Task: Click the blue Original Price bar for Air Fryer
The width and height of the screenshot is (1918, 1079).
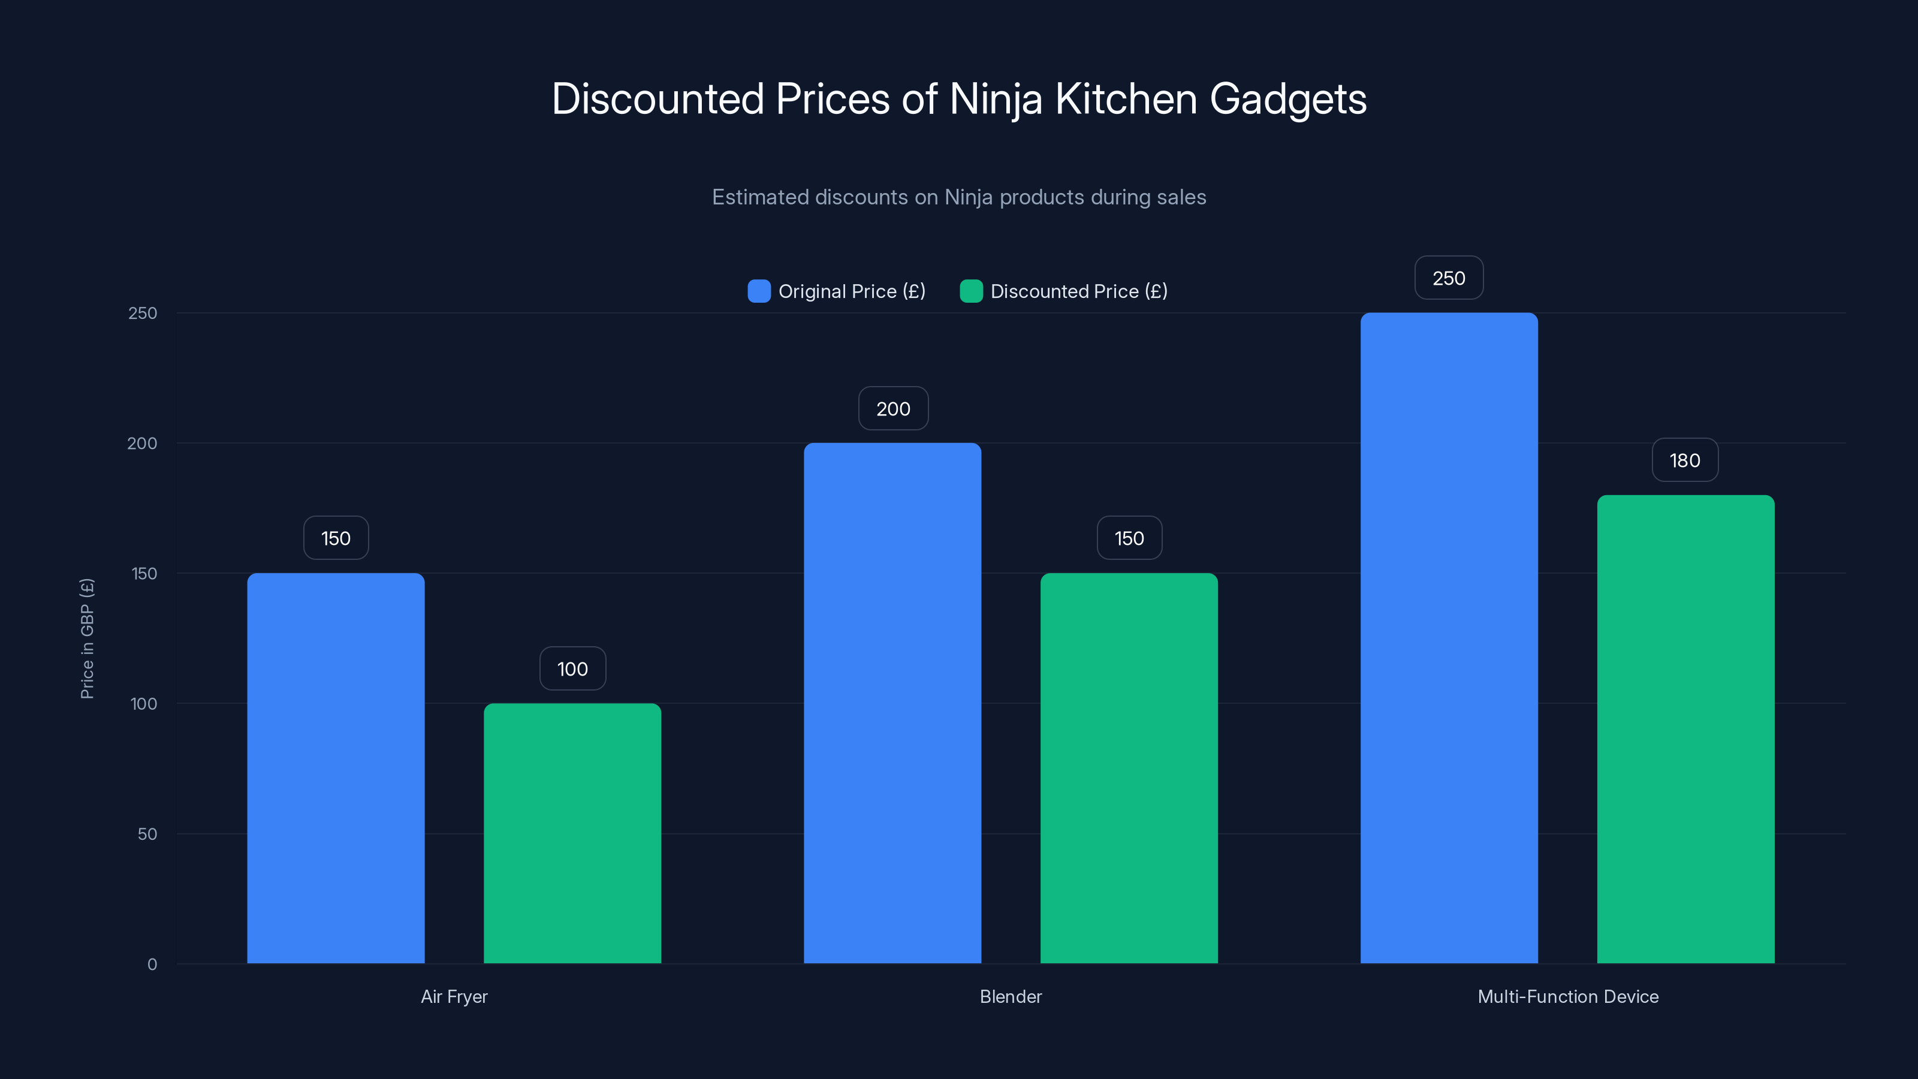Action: click(336, 768)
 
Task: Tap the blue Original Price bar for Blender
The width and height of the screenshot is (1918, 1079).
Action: click(892, 703)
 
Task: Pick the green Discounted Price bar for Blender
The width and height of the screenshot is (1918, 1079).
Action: click(1129, 768)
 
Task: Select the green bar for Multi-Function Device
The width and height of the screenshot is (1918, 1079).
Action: click(1685, 729)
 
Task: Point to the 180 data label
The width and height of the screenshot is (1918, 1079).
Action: click(1685, 460)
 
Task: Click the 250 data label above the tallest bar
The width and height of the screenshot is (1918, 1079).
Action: click(1449, 278)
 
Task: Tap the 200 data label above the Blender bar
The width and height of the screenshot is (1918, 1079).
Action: click(892, 408)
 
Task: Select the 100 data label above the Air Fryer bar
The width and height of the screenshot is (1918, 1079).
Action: click(572, 669)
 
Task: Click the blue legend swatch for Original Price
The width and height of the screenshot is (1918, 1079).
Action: click(759, 291)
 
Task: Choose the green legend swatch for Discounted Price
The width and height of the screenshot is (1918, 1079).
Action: click(971, 291)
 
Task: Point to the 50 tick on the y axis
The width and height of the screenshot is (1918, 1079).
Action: click(147, 834)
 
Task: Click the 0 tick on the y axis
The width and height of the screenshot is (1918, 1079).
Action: click(152, 965)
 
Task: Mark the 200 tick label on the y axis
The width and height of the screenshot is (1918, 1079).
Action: click(142, 443)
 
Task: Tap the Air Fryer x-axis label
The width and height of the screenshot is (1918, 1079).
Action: click(454, 996)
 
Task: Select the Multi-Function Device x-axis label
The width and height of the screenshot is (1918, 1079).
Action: click(1568, 996)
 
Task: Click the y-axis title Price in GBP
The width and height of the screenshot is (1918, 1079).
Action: click(87, 638)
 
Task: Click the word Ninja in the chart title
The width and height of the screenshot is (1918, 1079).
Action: click(996, 100)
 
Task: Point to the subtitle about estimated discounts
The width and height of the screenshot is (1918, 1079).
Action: click(959, 197)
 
